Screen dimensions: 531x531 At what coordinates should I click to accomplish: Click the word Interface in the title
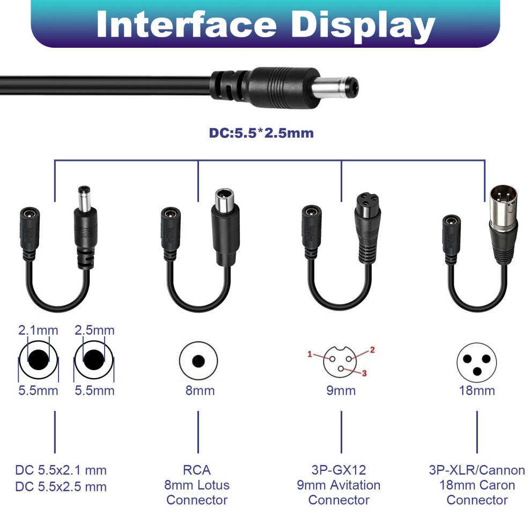pos(186,24)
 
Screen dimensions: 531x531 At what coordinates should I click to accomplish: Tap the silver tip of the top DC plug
pos(335,88)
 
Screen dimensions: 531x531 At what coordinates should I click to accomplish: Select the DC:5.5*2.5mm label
pos(261,133)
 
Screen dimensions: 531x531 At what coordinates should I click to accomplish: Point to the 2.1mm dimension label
pos(38,330)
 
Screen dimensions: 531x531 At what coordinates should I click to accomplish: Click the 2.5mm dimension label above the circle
pos(94,330)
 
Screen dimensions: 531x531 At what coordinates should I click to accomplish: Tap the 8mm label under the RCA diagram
pos(200,390)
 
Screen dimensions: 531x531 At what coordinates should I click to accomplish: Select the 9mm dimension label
pos(341,390)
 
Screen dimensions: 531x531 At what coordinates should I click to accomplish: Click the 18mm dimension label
pos(477,390)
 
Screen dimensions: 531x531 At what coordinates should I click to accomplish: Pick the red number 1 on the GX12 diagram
pos(309,354)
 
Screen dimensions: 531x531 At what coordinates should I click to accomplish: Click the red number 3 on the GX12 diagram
pos(364,373)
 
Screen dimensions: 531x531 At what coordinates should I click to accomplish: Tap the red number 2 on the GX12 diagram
pos(373,350)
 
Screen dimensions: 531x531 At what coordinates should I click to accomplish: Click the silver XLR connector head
pos(504,203)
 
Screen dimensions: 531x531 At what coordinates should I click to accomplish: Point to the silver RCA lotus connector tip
pos(224,200)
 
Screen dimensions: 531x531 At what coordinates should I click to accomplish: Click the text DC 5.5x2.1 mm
pos(61,470)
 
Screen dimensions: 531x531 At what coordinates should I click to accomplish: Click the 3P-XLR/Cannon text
pos(477,470)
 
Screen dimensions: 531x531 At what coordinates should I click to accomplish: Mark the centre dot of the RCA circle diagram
pos(198,361)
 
